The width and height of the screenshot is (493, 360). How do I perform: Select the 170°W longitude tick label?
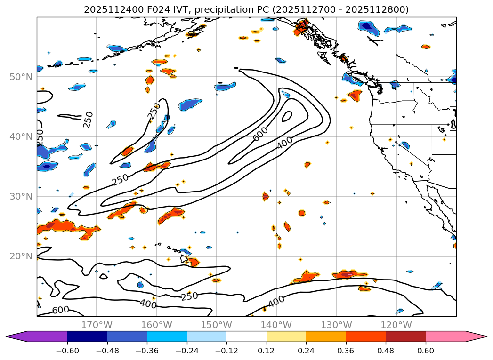[97, 325]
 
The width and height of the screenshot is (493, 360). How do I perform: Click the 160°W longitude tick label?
[156, 325]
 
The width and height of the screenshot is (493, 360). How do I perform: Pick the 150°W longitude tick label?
[216, 325]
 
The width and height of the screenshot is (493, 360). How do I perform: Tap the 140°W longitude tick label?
[276, 325]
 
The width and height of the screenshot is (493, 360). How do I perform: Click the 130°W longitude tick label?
[336, 325]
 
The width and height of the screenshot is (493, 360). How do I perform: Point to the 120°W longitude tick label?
[396, 325]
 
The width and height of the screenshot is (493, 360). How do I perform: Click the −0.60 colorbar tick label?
[67, 351]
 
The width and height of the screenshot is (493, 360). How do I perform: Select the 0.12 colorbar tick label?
[267, 351]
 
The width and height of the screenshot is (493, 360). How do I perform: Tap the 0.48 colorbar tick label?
[386, 351]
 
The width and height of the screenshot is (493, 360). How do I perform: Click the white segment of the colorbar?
[246, 336]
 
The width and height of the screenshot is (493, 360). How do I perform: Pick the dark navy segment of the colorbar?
[87, 336]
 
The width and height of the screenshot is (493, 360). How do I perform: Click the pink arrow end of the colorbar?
[476, 336]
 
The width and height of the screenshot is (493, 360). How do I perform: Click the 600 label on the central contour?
[260, 133]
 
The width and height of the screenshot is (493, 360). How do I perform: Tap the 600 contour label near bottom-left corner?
[60, 310]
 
